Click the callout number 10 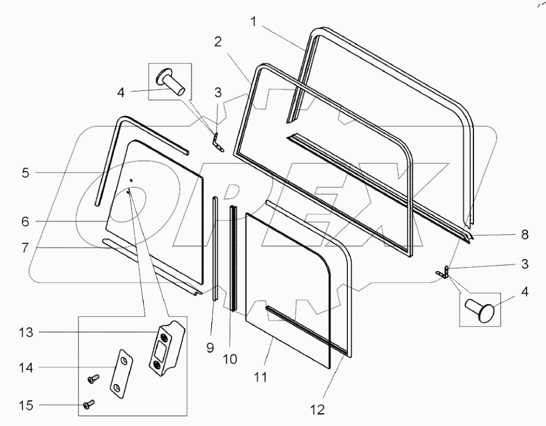[x=230, y=359]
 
